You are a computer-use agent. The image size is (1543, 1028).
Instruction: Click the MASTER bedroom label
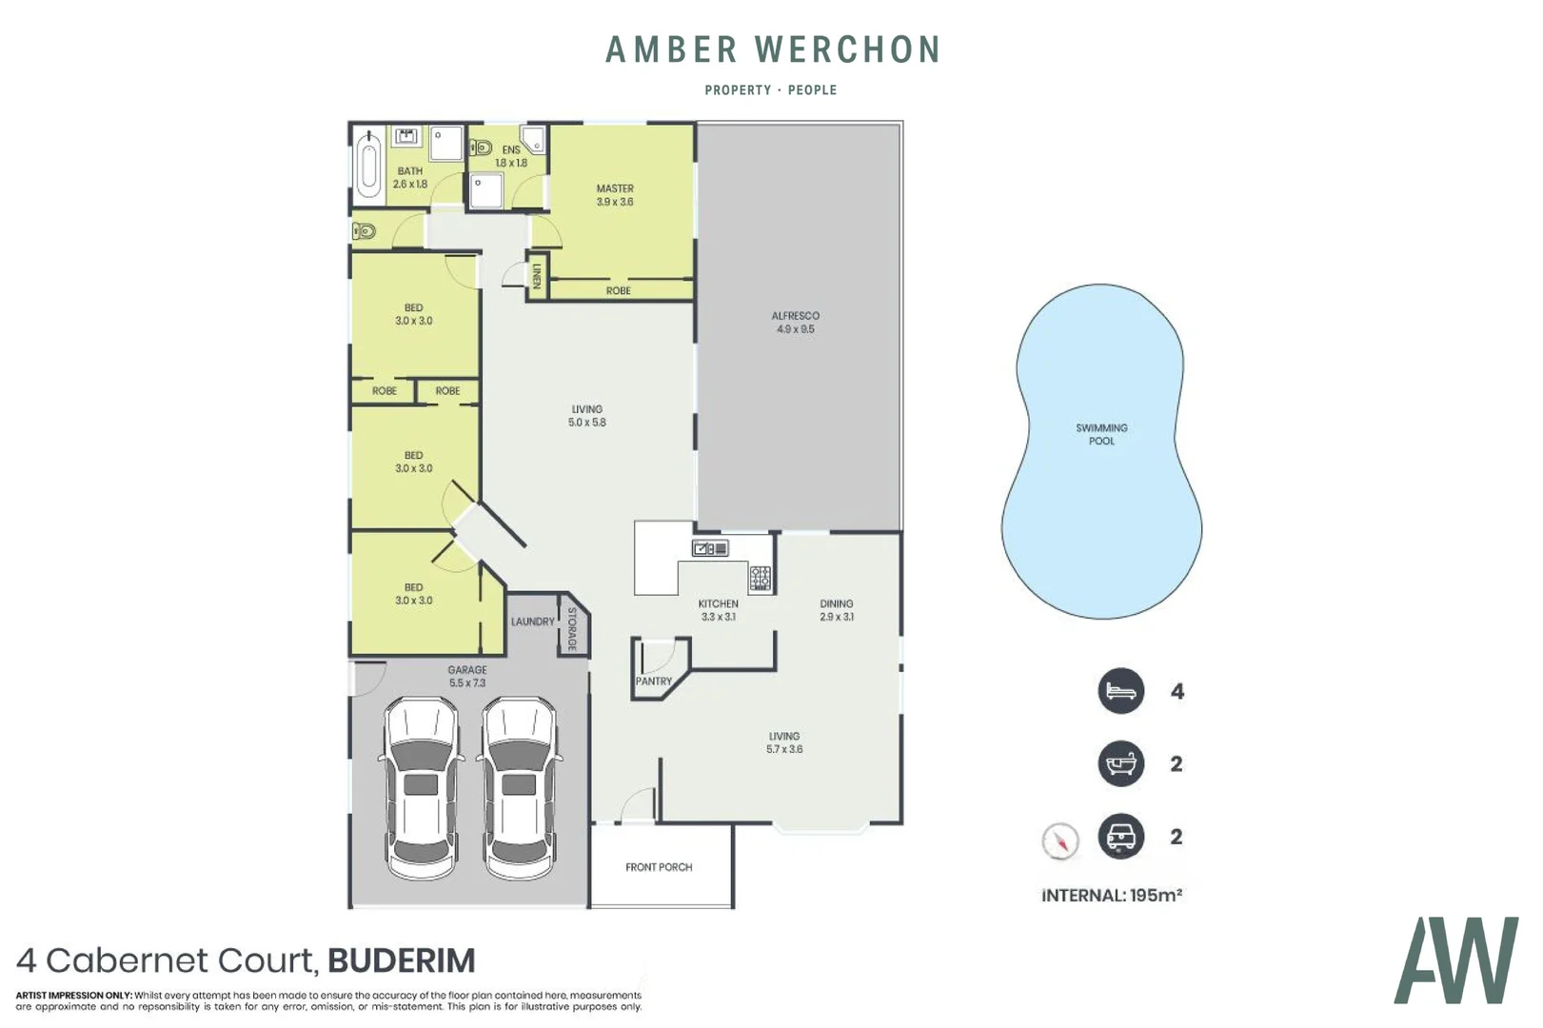[615, 189]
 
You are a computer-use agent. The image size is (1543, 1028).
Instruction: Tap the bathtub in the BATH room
[368, 166]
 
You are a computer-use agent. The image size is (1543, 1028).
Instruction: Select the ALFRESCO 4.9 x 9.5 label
[795, 322]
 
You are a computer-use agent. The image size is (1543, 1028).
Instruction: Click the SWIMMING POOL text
[1101, 434]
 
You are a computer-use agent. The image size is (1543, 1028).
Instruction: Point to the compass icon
[1059, 840]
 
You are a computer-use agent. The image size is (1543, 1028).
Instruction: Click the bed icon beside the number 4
[1120, 691]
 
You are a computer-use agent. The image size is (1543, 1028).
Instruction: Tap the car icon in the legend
[1120, 837]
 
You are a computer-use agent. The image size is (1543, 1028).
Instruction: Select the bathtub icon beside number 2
[1120, 763]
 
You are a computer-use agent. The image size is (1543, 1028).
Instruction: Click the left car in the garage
[422, 788]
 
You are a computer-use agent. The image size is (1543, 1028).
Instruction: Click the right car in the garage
[519, 788]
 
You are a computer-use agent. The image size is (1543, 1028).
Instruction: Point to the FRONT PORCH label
[659, 867]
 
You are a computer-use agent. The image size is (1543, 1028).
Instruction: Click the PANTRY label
[654, 682]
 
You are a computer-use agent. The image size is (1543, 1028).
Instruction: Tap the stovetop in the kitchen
[760, 578]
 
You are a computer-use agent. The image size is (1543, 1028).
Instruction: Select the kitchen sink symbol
[710, 548]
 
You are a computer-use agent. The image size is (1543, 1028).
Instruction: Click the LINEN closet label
[537, 276]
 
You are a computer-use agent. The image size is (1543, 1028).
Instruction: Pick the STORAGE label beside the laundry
[572, 629]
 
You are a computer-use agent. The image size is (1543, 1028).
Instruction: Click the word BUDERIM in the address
[401, 960]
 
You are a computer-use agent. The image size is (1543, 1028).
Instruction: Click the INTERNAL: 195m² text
[1112, 895]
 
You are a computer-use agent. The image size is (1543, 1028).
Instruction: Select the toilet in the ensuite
[481, 148]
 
